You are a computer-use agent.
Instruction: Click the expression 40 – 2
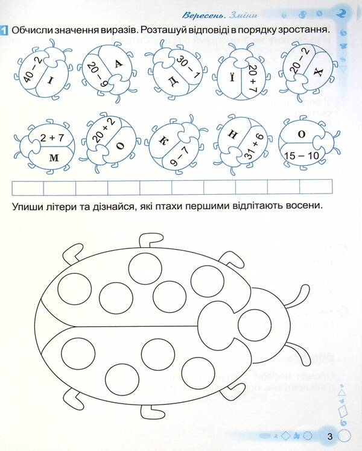(x=31, y=69)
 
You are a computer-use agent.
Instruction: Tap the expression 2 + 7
(x=52, y=138)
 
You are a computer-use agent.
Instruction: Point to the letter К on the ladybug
(x=163, y=139)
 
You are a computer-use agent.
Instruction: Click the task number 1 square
(x=4, y=30)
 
